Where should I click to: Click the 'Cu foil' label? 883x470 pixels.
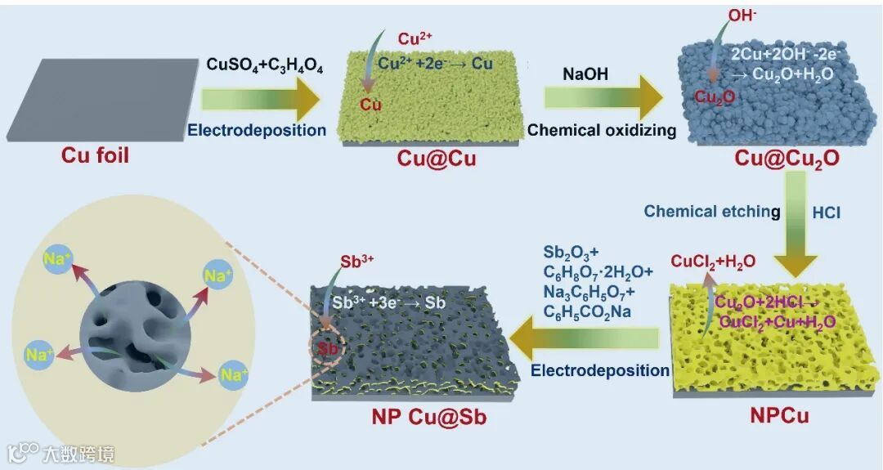(95, 154)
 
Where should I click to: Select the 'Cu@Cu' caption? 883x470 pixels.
(436, 158)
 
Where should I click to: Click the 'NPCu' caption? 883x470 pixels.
(778, 415)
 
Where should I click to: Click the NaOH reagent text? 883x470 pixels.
(585, 74)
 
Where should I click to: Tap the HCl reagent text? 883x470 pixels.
(825, 213)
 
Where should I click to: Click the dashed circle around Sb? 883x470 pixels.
(327, 348)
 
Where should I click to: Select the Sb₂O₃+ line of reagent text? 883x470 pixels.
(571, 252)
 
